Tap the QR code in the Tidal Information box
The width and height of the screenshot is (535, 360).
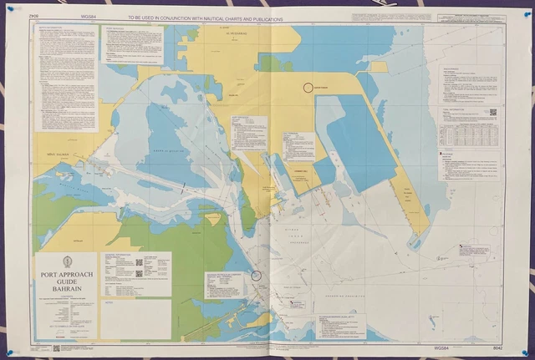[x=492, y=113]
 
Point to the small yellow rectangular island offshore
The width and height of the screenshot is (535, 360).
[x=379, y=66]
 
